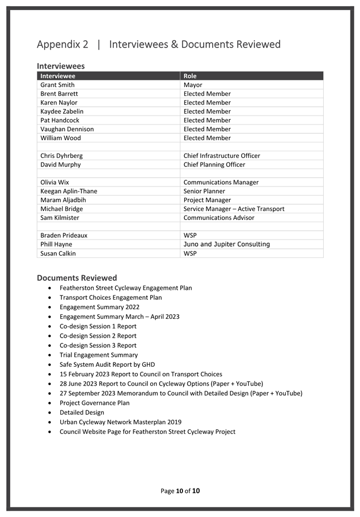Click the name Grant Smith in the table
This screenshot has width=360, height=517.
click(x=57, y=85)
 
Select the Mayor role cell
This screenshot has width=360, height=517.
click(x=193, y=85)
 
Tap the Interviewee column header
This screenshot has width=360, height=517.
click(x=58, y=76)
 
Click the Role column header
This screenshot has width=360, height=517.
click(x=190, y=76)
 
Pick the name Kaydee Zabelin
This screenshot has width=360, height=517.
click(x=62, y=111)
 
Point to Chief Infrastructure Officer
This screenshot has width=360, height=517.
click(x=222, y=156)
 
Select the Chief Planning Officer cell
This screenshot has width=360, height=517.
click(x=214, y=165)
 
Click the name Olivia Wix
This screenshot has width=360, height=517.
click(x=55, y=182)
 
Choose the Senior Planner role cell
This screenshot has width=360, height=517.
click(x=204, y=191)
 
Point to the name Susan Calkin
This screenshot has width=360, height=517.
click(x=58, y=253)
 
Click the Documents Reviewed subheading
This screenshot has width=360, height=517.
click(x=77, y=277)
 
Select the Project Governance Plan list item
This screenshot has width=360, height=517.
click(x=94, y=403)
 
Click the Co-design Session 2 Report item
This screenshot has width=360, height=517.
click(x=98, y=336)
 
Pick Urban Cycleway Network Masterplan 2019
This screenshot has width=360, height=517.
click(x=121, y=422)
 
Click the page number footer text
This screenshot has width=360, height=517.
click(x=180, y=491)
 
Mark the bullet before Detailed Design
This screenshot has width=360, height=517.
click(x=51, y=413)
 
